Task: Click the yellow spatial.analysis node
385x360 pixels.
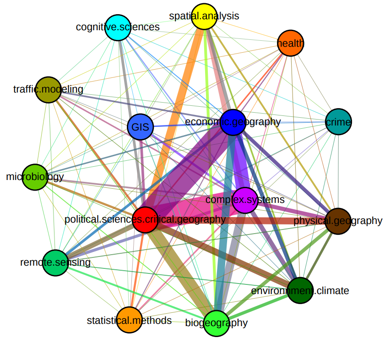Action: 204,16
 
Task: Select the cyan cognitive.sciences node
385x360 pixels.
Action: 118,27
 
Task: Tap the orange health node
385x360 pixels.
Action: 291,44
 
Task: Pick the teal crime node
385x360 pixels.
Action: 338,122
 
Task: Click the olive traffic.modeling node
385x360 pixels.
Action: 49,90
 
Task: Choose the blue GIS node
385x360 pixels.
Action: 140,127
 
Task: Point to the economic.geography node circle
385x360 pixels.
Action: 233,122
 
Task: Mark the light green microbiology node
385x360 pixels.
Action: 35,177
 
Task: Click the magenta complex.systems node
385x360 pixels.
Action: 245,200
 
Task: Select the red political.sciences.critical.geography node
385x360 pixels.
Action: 145,219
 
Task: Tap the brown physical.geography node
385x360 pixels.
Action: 338,221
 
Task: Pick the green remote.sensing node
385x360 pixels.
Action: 55,262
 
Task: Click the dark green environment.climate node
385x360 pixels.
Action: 300,290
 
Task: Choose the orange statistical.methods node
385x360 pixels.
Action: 130,320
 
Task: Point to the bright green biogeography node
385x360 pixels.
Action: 216,323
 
